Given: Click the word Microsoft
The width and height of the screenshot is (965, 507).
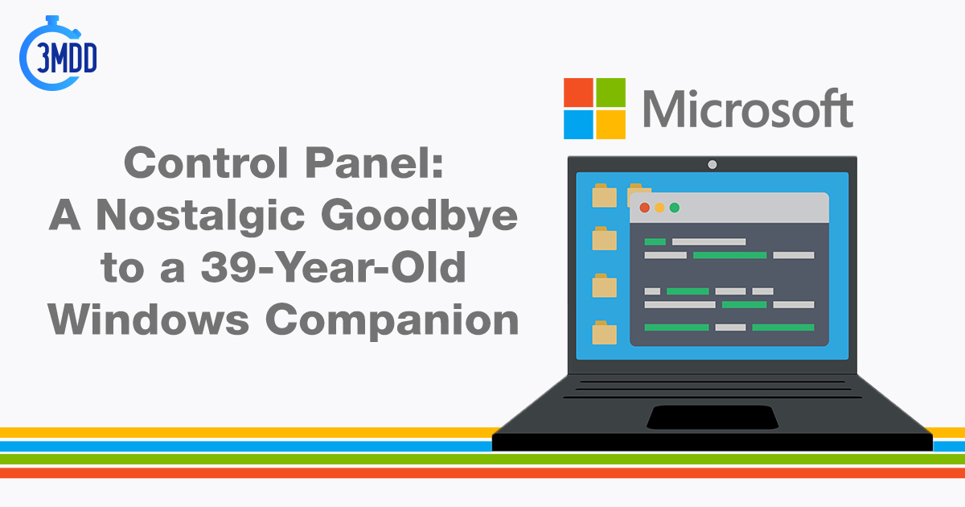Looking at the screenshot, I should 748,109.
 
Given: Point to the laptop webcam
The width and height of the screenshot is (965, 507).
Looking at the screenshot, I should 712,164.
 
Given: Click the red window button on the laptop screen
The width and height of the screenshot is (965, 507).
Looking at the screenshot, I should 644,208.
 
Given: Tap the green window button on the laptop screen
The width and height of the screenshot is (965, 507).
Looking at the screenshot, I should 675,208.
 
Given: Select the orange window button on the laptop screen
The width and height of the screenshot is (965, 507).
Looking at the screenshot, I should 659,208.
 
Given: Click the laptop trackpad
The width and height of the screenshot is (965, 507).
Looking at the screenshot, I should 712,418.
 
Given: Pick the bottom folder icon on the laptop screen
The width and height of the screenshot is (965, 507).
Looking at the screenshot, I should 604,333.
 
